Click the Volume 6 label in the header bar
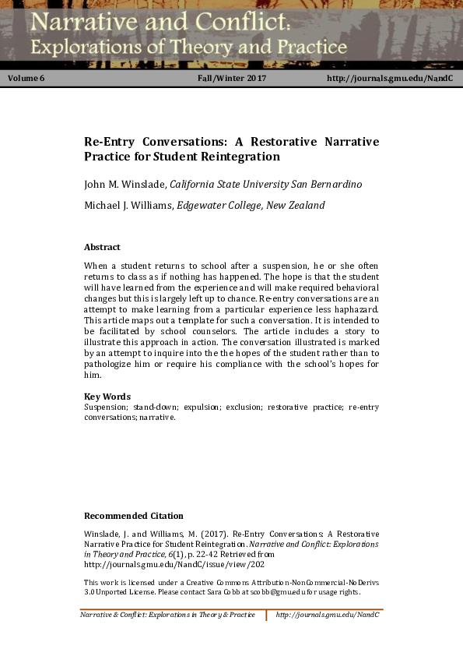coord(26,79)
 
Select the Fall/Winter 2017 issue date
coord(233,79)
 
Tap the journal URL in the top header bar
coord(390,79)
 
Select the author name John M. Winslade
coord(125,185)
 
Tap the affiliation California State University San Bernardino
coord(265,185)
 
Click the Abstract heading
coord(102,247)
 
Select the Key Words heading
coord(107,397)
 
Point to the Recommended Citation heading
coord(133,516)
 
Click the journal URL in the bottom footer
coord(328,615)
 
